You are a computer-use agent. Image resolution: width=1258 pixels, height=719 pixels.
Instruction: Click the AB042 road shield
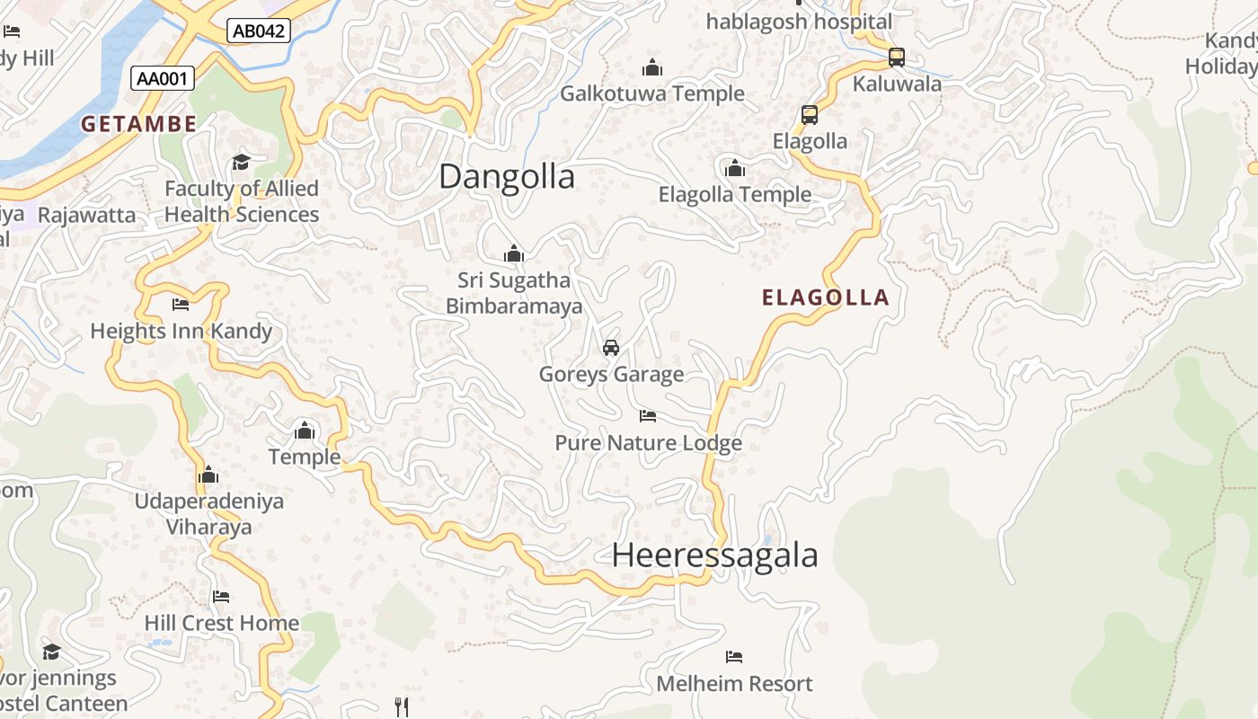click(258, 31)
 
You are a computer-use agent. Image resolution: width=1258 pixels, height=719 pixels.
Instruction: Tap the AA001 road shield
click(163, 78)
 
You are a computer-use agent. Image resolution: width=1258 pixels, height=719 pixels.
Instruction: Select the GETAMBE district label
click(139, 124)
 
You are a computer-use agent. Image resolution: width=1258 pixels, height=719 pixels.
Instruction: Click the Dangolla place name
click(507, 176)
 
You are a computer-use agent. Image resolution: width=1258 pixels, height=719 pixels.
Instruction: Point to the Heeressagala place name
click(714, 555)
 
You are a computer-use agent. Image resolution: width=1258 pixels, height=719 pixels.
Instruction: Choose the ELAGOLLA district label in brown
click(825, 297)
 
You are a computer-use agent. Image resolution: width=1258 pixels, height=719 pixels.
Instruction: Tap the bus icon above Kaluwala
click(896, 58)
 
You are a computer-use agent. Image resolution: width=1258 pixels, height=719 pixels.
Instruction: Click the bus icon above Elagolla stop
click(810, 115)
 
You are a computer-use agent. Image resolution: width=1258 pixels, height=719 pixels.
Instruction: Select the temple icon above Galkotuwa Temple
click(651, 67)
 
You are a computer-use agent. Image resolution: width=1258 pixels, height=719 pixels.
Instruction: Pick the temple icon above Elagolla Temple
click(735, 168)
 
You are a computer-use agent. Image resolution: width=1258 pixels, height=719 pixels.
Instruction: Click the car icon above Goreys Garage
click(611, 348)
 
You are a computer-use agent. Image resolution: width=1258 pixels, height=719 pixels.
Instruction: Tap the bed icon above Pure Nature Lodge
click(648, 416)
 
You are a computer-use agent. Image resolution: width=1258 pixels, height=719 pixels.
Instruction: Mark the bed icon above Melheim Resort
click(734, 657)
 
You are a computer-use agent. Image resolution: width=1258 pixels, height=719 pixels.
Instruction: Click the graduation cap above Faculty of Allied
click(241, 162)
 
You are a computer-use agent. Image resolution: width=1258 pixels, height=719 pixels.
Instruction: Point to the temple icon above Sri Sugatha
click(514, 253)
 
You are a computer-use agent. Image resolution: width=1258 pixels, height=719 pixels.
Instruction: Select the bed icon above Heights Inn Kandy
click(181, 305)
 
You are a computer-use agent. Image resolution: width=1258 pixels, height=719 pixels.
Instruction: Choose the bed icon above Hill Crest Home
click(221, 597)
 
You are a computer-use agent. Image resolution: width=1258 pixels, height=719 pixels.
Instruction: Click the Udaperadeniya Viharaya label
click(208, 514)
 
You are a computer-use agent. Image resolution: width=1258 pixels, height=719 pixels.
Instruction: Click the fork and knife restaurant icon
click(402, 706)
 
